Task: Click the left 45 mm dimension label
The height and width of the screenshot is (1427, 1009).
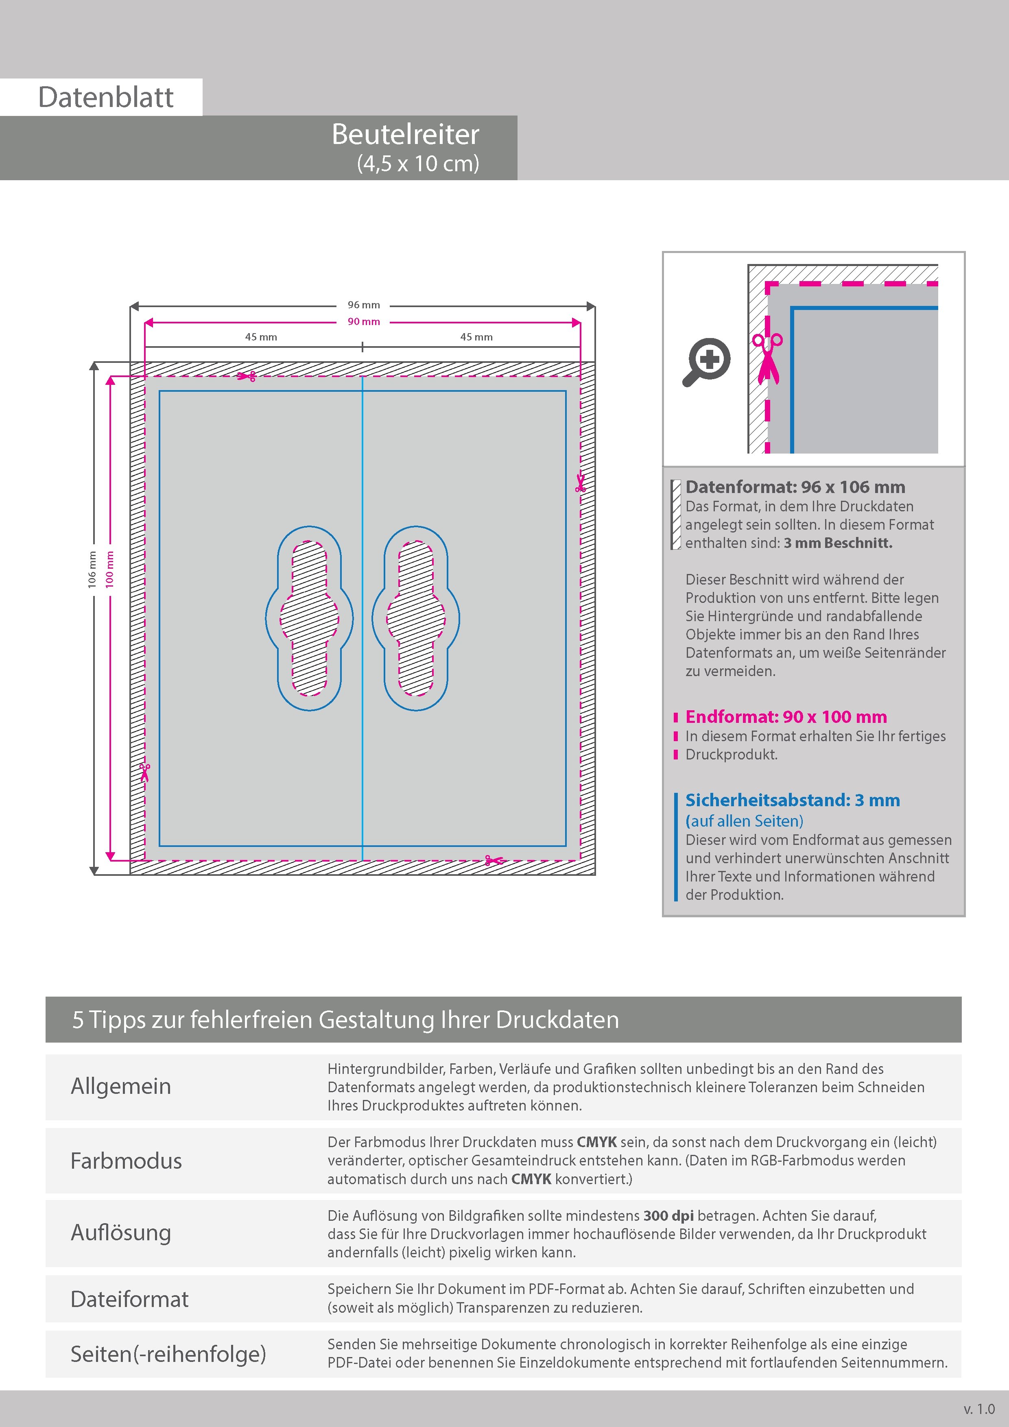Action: coord(261,337)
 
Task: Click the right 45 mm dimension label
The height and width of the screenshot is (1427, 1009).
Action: coord(476,337)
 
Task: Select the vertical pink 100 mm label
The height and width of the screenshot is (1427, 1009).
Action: coord(110,569)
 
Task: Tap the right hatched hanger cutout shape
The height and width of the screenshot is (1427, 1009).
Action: coord(416,618)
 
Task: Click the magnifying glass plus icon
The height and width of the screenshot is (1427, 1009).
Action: coord(708,361)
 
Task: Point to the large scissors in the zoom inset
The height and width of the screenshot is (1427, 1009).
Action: coord(768,359)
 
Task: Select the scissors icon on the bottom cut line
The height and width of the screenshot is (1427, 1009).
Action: coord(494,861)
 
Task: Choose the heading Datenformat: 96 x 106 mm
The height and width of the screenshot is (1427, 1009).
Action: coord(795,487)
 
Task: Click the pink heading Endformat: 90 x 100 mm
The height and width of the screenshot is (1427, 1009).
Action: coord(786,717)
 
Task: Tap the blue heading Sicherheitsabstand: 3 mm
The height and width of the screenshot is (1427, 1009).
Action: coord(793,801)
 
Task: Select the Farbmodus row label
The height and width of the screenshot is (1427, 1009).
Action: coord(126,1161)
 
